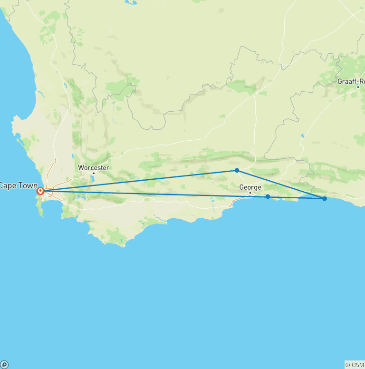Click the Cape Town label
pyautogui.click(x=18, y=185)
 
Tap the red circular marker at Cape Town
pyautogui.click(x=40, y=191)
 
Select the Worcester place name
pyautogui.click(x=94, y=168)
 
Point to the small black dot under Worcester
pyautogui.click(x=94, y=173)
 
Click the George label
pyautogui.click(x=250, y=187)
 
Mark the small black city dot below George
pyautogui.click(x=250, y=193)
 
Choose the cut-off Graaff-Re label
pyautogui.click(x=351, y=81)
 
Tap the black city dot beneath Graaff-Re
pyautogui.click(x=358, y=87)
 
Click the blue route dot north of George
pyautogui.click(x=237, y=170)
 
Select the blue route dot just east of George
pyautogui.click(x=268, y=196)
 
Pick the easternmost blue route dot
pyautogui.click(x=325, y=198)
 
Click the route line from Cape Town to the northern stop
pyautogui.click(x=143, y=180)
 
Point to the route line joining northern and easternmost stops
pyautogui.click(x=280, y=184)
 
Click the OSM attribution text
pyautogui.click(x=355, y=365)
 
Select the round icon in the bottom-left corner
pyautogui.click(x=4, y=365)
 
